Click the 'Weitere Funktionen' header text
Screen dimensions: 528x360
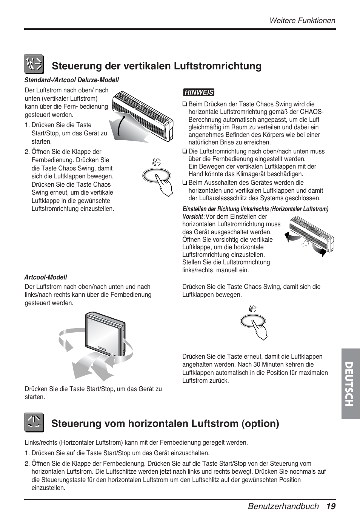(x=302, y=21)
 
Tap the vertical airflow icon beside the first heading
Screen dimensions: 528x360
(x=34, y=64)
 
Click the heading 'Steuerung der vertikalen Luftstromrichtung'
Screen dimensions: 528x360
(x=157, y=66)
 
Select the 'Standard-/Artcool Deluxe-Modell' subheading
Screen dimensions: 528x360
(x=72, y=80)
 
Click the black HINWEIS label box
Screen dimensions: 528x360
(x=198, y=92)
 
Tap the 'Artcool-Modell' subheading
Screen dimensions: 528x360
(x=46, y=277)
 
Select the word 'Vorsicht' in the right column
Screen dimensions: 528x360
(x=192, y=217)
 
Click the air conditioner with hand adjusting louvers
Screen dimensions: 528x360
(x=309, y=238)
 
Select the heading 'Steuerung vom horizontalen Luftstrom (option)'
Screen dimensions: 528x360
(x=165, y=424)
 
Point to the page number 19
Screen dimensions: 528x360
(x=331, y=507)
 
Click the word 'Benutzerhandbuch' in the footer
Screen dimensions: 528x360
(x=283, y=507)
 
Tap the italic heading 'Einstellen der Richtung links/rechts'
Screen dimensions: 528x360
(x=255, y=209)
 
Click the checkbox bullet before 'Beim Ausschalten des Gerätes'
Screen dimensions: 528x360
(x=185, y=183)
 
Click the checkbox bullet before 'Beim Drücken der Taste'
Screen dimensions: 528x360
(x=185, y=104)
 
